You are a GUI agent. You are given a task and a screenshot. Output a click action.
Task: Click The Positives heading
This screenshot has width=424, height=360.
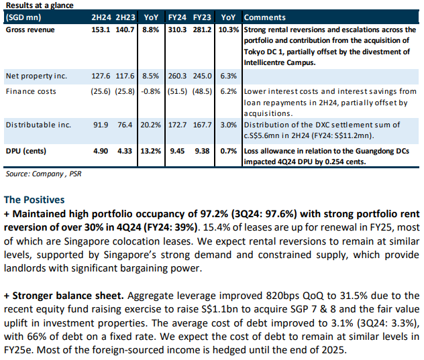click(34, 199)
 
